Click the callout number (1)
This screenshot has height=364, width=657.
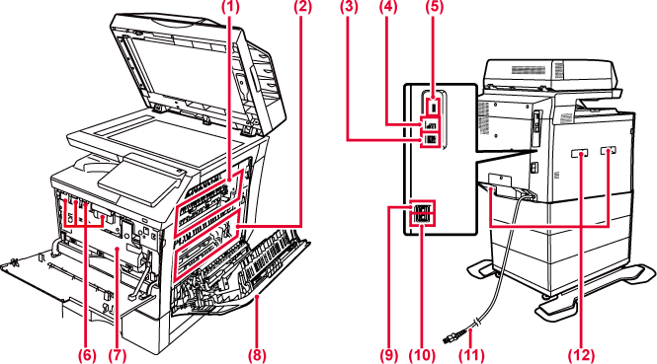point(229,7)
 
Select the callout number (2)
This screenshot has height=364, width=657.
point(302,7)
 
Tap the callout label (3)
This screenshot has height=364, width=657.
point(348,7)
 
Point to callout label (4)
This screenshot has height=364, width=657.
point(388,7)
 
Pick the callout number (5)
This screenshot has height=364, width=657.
point(434,7)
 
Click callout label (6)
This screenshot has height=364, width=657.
point(87,355)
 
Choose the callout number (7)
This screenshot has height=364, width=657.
point(117,355)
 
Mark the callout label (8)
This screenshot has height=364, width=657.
point(257,355)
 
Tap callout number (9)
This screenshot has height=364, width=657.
point(389,355)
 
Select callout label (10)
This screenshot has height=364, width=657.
point(422,355)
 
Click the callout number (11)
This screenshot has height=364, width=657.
point(471,355)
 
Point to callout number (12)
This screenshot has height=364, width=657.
point(581,355)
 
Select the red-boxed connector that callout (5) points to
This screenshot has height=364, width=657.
point(434,106)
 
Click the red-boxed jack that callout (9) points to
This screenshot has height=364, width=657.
point(423,207)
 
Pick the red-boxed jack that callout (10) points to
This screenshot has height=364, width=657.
point(423,219)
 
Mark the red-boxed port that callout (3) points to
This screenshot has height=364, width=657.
point(430,140)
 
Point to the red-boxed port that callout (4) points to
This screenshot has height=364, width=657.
point(430,124)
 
